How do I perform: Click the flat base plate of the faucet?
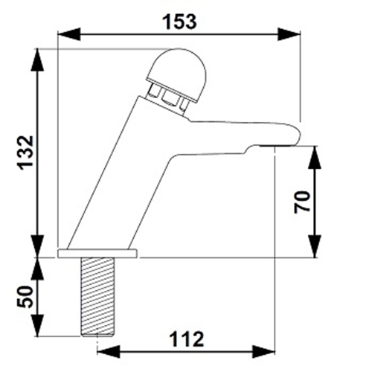98,254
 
